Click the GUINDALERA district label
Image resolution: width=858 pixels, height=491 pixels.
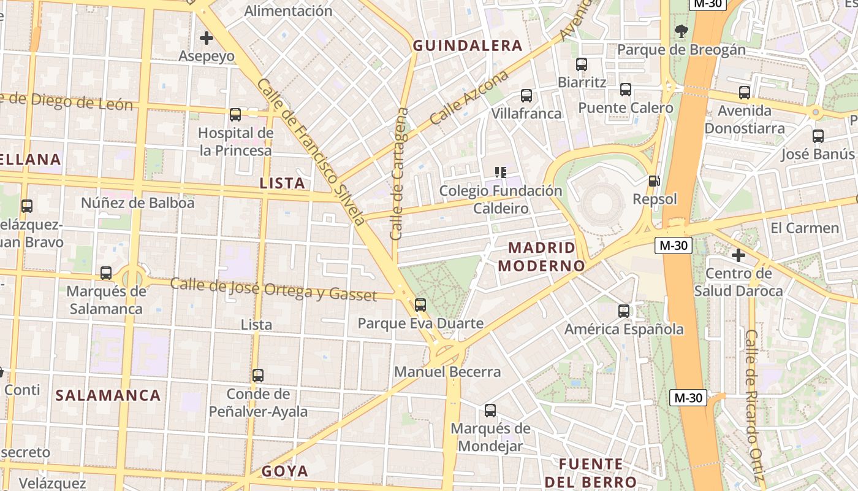[468, 45]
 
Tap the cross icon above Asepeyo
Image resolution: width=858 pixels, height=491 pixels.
[207, 38]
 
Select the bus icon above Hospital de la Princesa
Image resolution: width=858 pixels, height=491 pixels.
[235, 115]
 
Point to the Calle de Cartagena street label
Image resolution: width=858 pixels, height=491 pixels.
[399, 174]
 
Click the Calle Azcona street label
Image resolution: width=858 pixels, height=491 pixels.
[469, 98]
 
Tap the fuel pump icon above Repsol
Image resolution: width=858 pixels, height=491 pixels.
[655, 181]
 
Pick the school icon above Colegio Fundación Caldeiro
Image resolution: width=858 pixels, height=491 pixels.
[501, 172]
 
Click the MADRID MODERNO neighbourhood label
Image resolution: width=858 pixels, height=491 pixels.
[542, 257]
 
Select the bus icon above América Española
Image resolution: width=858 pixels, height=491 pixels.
[624, 311]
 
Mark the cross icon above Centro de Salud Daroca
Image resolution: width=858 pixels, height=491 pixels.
[738, 255]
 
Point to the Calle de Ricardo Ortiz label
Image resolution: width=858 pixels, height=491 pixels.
[753, 405]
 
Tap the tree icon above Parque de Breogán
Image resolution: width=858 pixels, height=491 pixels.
[681, 31]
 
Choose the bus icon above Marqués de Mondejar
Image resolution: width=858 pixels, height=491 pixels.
[490, 411]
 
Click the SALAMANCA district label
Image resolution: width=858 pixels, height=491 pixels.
[108, 395]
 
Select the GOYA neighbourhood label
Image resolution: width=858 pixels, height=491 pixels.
[285, 471]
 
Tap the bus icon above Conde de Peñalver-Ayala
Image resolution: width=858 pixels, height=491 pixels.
[258, 375]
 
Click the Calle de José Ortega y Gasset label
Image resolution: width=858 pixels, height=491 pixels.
[273, 290]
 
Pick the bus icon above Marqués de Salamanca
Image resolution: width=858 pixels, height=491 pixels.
[106, 273]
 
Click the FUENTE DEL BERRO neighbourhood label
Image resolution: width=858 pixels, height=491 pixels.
[591, 473]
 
